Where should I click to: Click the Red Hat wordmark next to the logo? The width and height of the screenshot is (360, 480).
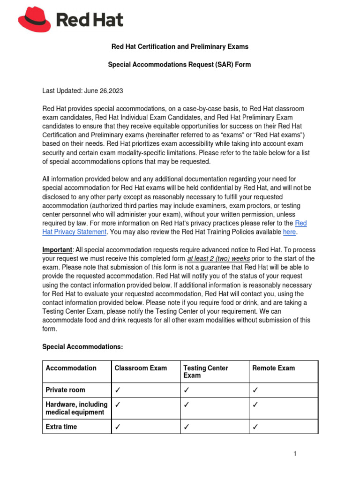click(90, 20)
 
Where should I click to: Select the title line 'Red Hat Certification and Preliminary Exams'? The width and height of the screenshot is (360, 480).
click(180, 47)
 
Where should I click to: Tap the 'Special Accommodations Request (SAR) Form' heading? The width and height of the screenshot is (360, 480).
click(180, 65)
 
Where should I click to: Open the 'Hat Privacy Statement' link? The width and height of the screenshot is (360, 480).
click(75, 232)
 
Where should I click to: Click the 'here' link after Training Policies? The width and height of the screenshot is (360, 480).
click(290, 232)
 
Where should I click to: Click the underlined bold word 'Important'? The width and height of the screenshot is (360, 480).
click(57, 250)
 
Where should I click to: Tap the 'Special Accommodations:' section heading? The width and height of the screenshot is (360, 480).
click(82, 347)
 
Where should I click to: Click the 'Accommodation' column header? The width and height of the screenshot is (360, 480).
click(71, 368)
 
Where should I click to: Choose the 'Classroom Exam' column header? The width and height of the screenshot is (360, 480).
click(141, 368)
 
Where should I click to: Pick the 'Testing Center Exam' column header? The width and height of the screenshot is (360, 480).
click(205, 372)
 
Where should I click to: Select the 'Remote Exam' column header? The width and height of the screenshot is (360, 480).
click(274, 368)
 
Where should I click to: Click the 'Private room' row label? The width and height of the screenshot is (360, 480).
click(66, 390)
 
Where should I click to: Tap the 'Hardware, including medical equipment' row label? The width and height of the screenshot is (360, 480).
click(76, 408)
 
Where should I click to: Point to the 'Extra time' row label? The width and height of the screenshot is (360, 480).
click(61, 427)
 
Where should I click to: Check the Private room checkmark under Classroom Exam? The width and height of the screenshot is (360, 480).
click(118, 390)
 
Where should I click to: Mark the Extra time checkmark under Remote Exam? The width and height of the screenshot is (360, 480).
click(255, 427)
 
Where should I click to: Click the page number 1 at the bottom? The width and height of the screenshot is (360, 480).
click(295, 454)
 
